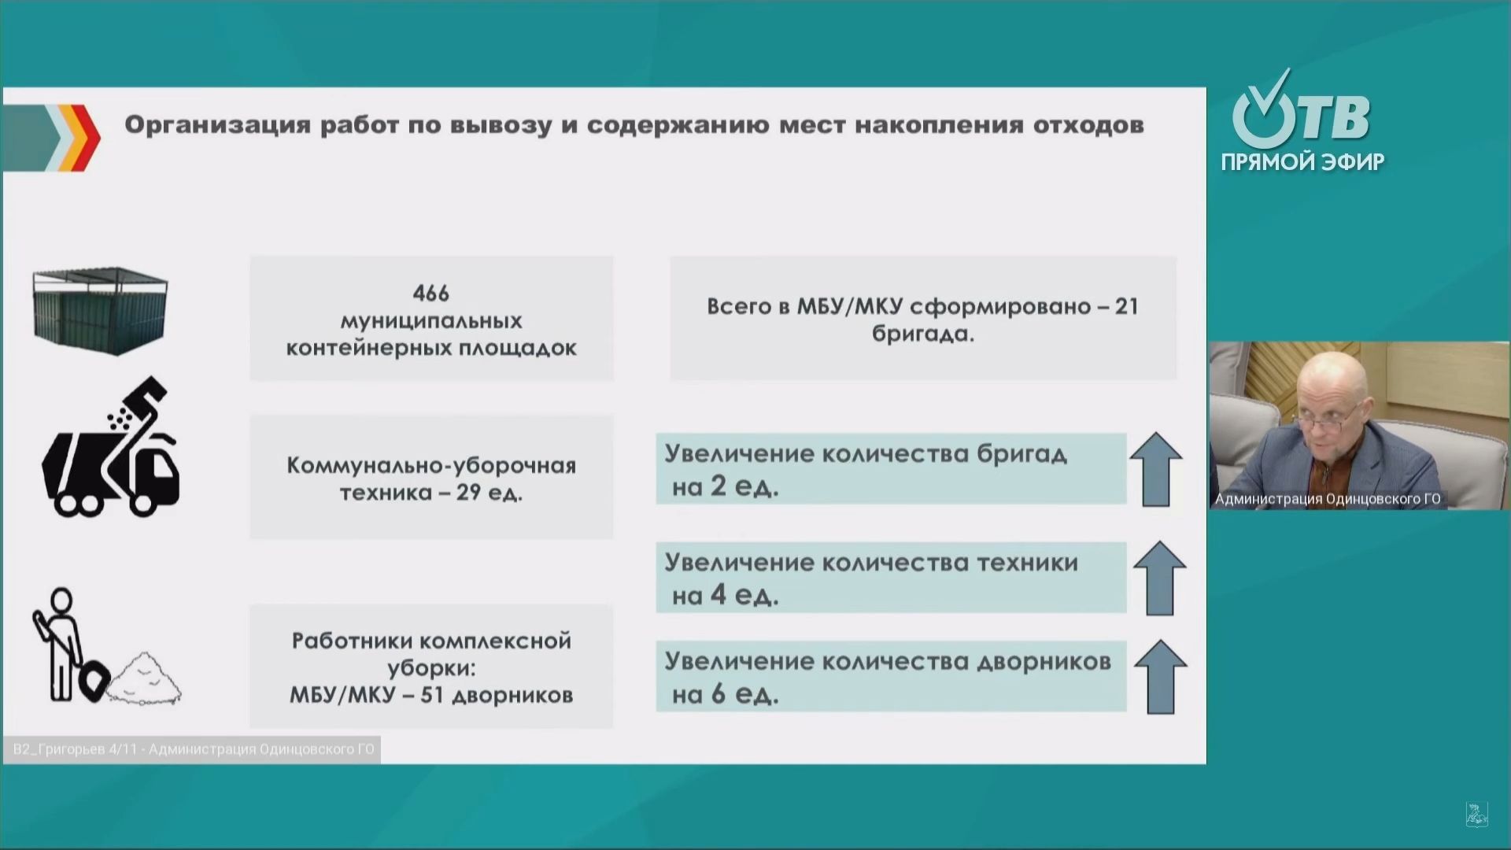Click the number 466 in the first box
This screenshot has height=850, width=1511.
click(430, 294)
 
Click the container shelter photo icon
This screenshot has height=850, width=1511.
click(100, 310)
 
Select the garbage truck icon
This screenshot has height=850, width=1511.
click(112, 451)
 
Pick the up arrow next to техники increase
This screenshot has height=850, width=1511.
click(1159, 578)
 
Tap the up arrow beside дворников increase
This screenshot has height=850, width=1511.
click(1160, 677)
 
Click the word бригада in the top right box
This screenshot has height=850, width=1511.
click(922, 334)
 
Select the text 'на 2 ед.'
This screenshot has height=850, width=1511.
click(725, 487)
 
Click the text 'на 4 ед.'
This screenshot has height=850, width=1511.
click(725, 596)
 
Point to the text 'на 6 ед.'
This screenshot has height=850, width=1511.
click(725, 695)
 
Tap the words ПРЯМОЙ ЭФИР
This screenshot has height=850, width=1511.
click(1302, 162)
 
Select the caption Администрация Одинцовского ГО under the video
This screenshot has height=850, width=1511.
click(1328, 499)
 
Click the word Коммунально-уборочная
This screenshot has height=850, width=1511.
click(430, 466)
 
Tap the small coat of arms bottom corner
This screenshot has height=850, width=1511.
click(1476, 815)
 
